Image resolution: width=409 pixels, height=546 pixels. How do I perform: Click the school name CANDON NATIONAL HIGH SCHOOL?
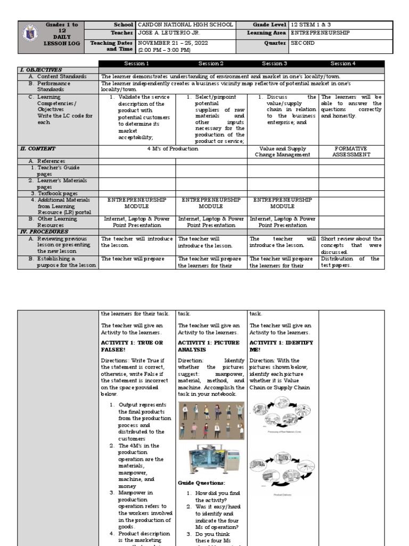click(x=185, y=25)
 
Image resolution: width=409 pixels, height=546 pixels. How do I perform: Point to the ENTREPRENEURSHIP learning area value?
click(x=320, y=33)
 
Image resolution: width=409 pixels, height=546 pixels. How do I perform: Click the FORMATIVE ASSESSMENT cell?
click(x=350, y=152)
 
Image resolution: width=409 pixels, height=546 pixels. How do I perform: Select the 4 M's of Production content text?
click(x=174, y=149)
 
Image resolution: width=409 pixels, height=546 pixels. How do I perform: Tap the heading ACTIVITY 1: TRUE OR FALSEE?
click(x=132, y=346)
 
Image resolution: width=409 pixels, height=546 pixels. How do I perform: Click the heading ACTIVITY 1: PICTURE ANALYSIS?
click(x=209, y=346)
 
